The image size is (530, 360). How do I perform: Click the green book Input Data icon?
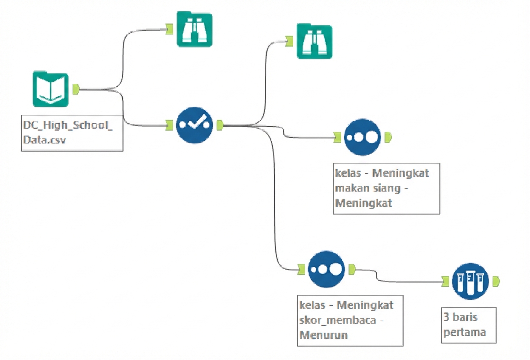50,89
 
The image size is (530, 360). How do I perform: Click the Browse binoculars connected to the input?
194,29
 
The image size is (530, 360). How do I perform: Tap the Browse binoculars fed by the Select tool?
314,41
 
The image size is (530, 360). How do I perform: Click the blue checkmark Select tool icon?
194,125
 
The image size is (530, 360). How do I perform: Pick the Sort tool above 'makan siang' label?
362,137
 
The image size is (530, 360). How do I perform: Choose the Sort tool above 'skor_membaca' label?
326,269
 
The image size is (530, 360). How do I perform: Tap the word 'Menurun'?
324,335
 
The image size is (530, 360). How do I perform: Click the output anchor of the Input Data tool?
76,89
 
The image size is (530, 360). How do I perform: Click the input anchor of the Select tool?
169,125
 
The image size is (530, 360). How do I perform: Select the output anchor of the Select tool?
220,125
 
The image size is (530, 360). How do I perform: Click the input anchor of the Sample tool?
445,281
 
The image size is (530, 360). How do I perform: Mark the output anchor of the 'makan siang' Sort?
388,137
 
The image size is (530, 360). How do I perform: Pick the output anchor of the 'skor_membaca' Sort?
352,268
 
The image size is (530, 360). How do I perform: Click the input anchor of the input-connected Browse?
169,29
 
